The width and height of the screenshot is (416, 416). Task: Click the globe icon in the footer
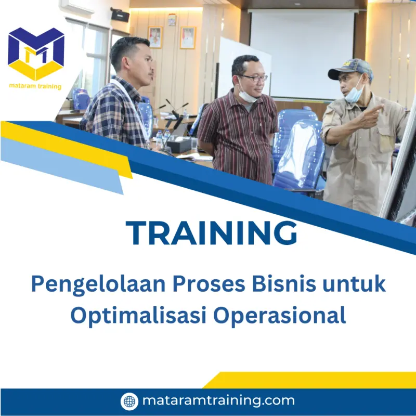pyautogui.click(x=129, y=401)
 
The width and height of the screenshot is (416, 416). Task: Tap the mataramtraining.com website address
pyautogui.click(x=218, y=401)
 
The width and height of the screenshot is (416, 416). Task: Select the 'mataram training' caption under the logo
pyautogui.click(x=36, y=86)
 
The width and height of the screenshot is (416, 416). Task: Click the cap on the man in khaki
pyautogui.click(x=351, y=67)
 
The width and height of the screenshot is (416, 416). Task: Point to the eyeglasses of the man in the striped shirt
pyautogui.click(x=255, y=78)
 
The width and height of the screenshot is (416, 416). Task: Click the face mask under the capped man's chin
pyautogui.click(x=354, y=95)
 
